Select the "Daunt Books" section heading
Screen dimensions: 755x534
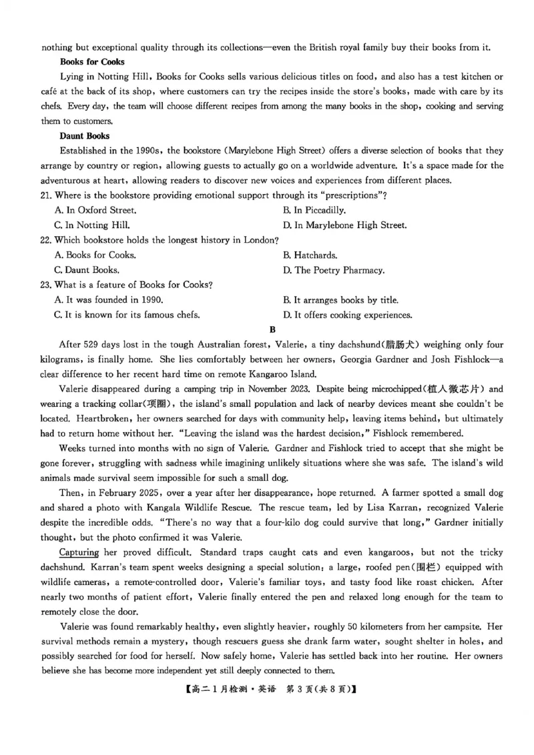[x=84, y=135]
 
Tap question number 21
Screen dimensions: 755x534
[x=47, y=195]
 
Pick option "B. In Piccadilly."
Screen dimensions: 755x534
[x=314, y=210]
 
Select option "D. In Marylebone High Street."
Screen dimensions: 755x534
[x=345, y=225]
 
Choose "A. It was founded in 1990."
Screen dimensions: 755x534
[x=108, y=300]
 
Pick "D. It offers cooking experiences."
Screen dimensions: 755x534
[x=348, y=315]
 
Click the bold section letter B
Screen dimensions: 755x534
[x=272, y=329]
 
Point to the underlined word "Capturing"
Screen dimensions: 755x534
[x=79, y=552]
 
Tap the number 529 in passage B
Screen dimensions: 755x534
[x=91, y=345]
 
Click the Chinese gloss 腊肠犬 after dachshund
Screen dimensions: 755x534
[x=398, y=345]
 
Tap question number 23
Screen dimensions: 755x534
[x=47, y=285]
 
